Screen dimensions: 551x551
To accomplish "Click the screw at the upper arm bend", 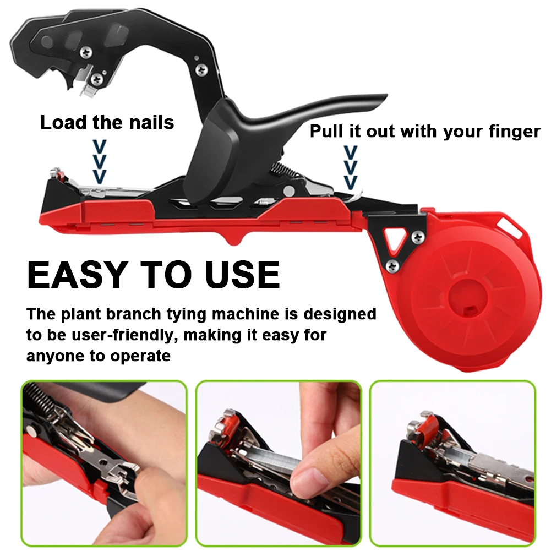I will tap(202, 69).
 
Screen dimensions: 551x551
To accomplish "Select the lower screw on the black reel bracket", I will tap(392, 266).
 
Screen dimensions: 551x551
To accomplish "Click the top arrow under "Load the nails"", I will tap(99, 147).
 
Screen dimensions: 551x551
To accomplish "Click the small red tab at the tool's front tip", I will tap(61, 177).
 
